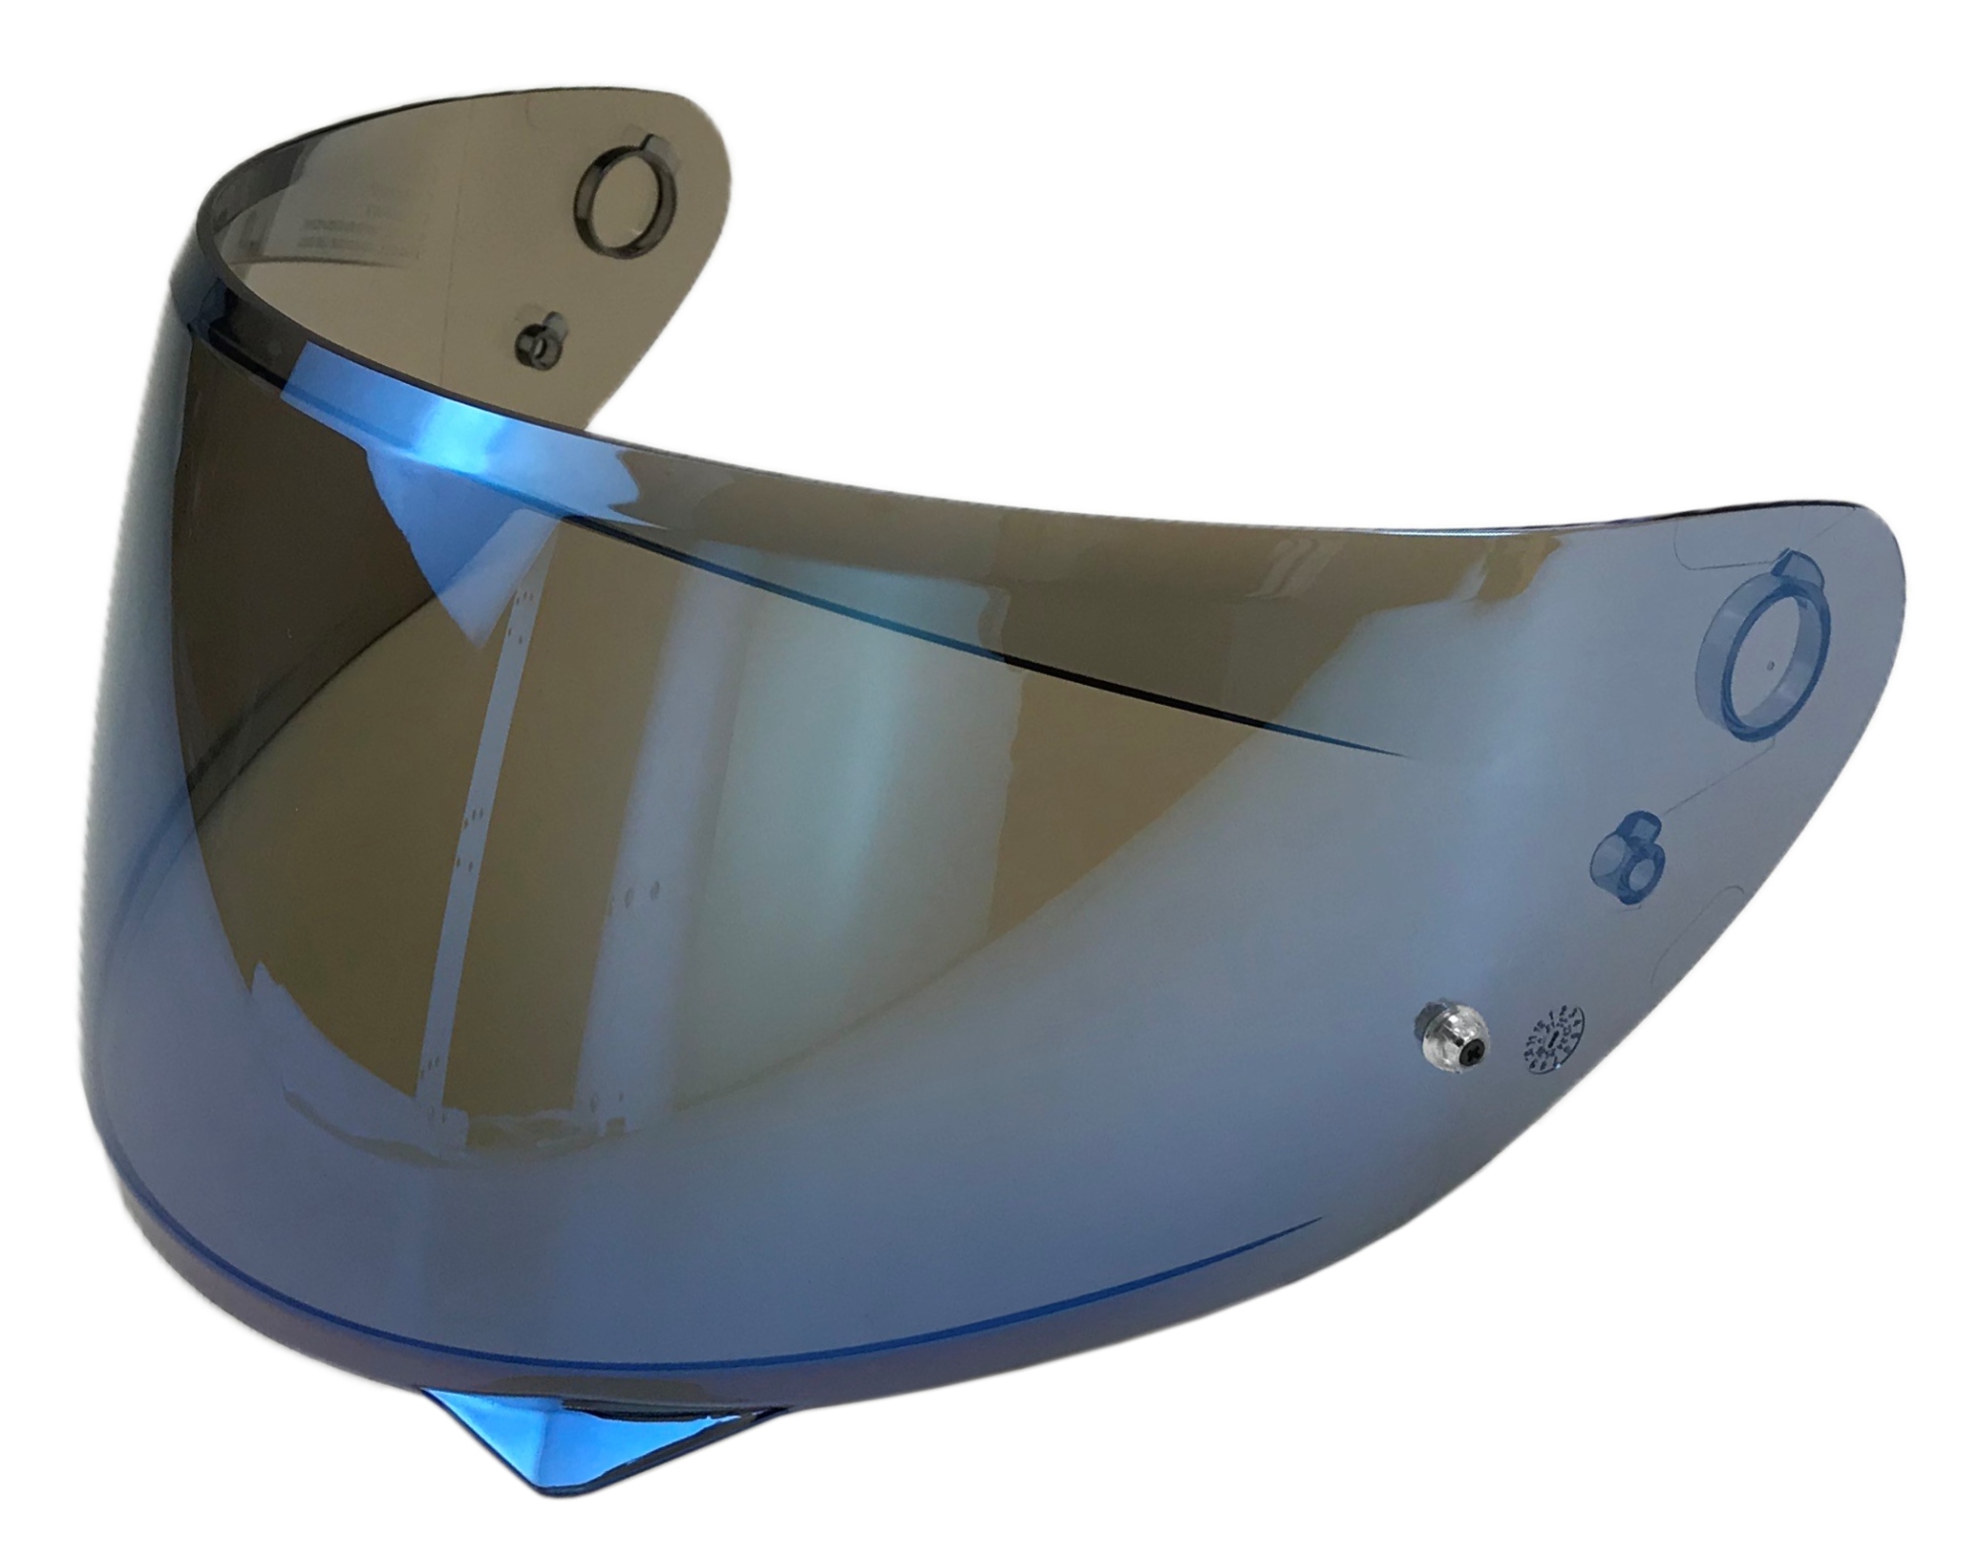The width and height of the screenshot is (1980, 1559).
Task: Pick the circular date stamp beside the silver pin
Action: pos(1549,1037)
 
